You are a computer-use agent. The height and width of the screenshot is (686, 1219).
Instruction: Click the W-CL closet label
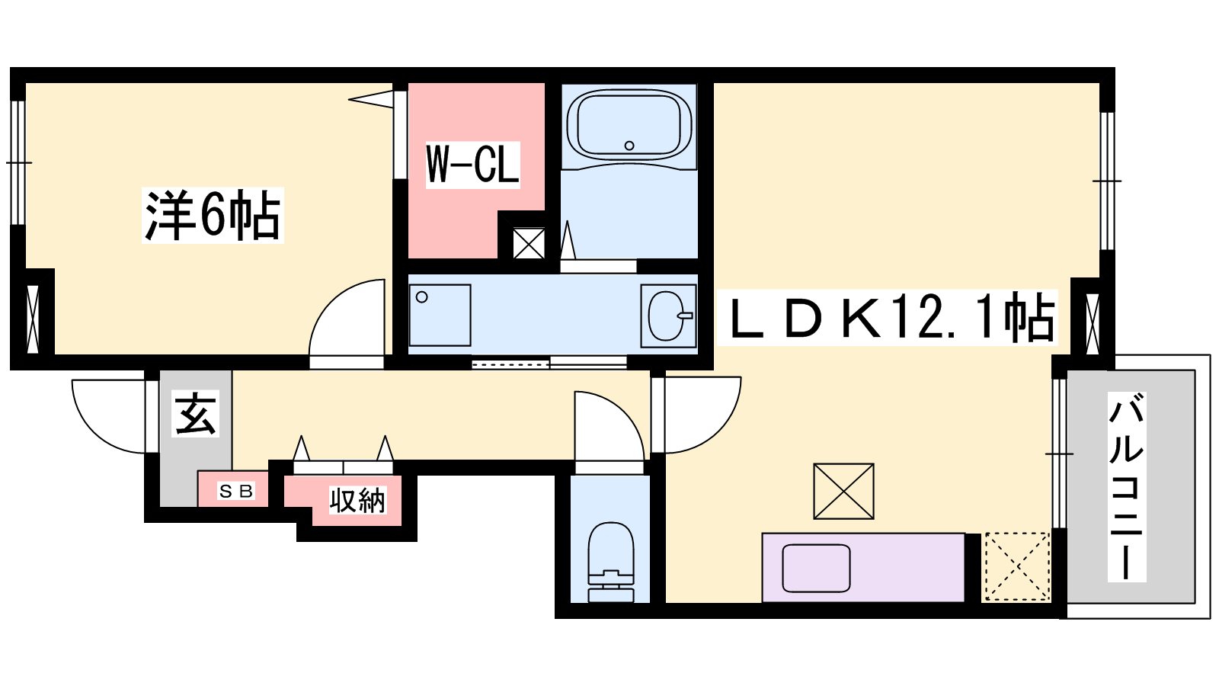coord(472,165)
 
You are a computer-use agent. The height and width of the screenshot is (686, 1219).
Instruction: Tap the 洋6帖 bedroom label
coord(213,215)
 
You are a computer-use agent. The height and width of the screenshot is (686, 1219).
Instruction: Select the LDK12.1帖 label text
coord(887,317)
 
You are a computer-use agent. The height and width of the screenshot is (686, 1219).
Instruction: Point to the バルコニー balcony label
coord(1127,487)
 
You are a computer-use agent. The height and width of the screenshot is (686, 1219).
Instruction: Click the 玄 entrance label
coord(195,414)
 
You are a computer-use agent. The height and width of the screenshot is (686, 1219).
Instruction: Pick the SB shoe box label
coord(236,492)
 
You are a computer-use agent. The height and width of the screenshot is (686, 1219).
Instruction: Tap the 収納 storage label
coord(357,500)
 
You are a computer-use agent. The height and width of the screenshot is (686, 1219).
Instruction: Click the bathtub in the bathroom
coord(629,125)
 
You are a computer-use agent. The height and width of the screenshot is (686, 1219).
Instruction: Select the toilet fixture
coord(610,562)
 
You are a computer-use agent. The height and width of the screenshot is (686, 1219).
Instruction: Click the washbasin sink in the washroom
coord(668,316)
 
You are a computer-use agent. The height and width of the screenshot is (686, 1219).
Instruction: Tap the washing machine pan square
coord(440,315)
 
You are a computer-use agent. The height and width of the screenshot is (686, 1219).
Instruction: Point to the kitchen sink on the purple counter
coord(816,568)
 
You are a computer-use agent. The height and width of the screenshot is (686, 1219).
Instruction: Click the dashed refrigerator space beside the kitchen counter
coord(1016,567)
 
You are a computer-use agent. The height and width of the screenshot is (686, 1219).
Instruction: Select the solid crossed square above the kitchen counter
coord(843,491)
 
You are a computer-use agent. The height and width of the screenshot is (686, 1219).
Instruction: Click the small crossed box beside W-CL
coord(529,243)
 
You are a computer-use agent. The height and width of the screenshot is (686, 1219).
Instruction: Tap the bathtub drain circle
coord(629,146)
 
